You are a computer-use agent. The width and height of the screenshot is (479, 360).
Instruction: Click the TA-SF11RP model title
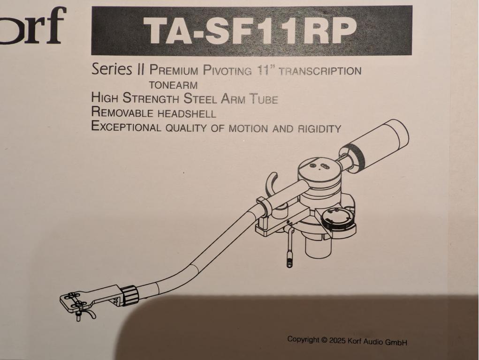click(x=251, y=30)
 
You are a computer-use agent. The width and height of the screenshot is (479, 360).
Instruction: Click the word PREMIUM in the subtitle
click(x=174, y=70)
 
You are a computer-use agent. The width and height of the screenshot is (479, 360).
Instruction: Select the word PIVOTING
click(x=227, y=70)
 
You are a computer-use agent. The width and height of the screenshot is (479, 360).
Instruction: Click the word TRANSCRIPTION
click(x=320, y=71)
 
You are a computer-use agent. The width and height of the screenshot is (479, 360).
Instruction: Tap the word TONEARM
click(x=173, y=85)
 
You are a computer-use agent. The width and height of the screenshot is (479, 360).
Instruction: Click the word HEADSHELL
click(x=187, y=113)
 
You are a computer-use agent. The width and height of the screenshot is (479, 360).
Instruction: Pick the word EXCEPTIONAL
click(x=126, y=127)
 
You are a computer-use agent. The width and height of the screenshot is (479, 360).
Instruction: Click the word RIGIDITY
click(x=319, y=129)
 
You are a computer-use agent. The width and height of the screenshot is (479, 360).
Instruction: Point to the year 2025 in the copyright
click(x=337, y=340)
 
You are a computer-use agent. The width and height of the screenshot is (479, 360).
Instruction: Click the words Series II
click(x=118, y=69)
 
